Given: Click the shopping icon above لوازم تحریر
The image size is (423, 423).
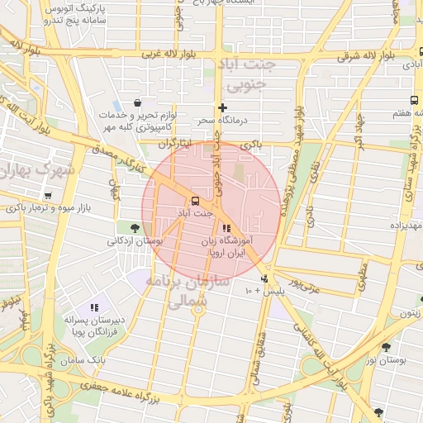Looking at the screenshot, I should (x=136, y=103).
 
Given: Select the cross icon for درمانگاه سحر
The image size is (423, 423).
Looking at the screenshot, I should (x=221, y=107).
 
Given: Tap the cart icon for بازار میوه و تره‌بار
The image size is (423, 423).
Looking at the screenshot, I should (x=48, y=196).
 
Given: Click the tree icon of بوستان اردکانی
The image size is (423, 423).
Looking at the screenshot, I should (x=135, y=227).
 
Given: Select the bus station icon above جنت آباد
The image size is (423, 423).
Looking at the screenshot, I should (x=195, y=201).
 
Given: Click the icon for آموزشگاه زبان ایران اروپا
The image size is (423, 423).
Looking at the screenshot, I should (x=226, y=228).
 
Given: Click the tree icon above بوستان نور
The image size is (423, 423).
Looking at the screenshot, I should (x=385, y=347).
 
